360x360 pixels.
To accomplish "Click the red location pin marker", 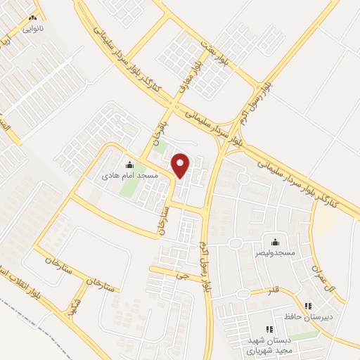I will [x=181, y=165].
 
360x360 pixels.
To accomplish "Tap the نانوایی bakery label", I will [x=32, y=29].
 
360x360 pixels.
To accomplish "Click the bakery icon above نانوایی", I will [x=32, y=19].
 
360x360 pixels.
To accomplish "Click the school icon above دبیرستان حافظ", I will [x=308, y=306].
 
